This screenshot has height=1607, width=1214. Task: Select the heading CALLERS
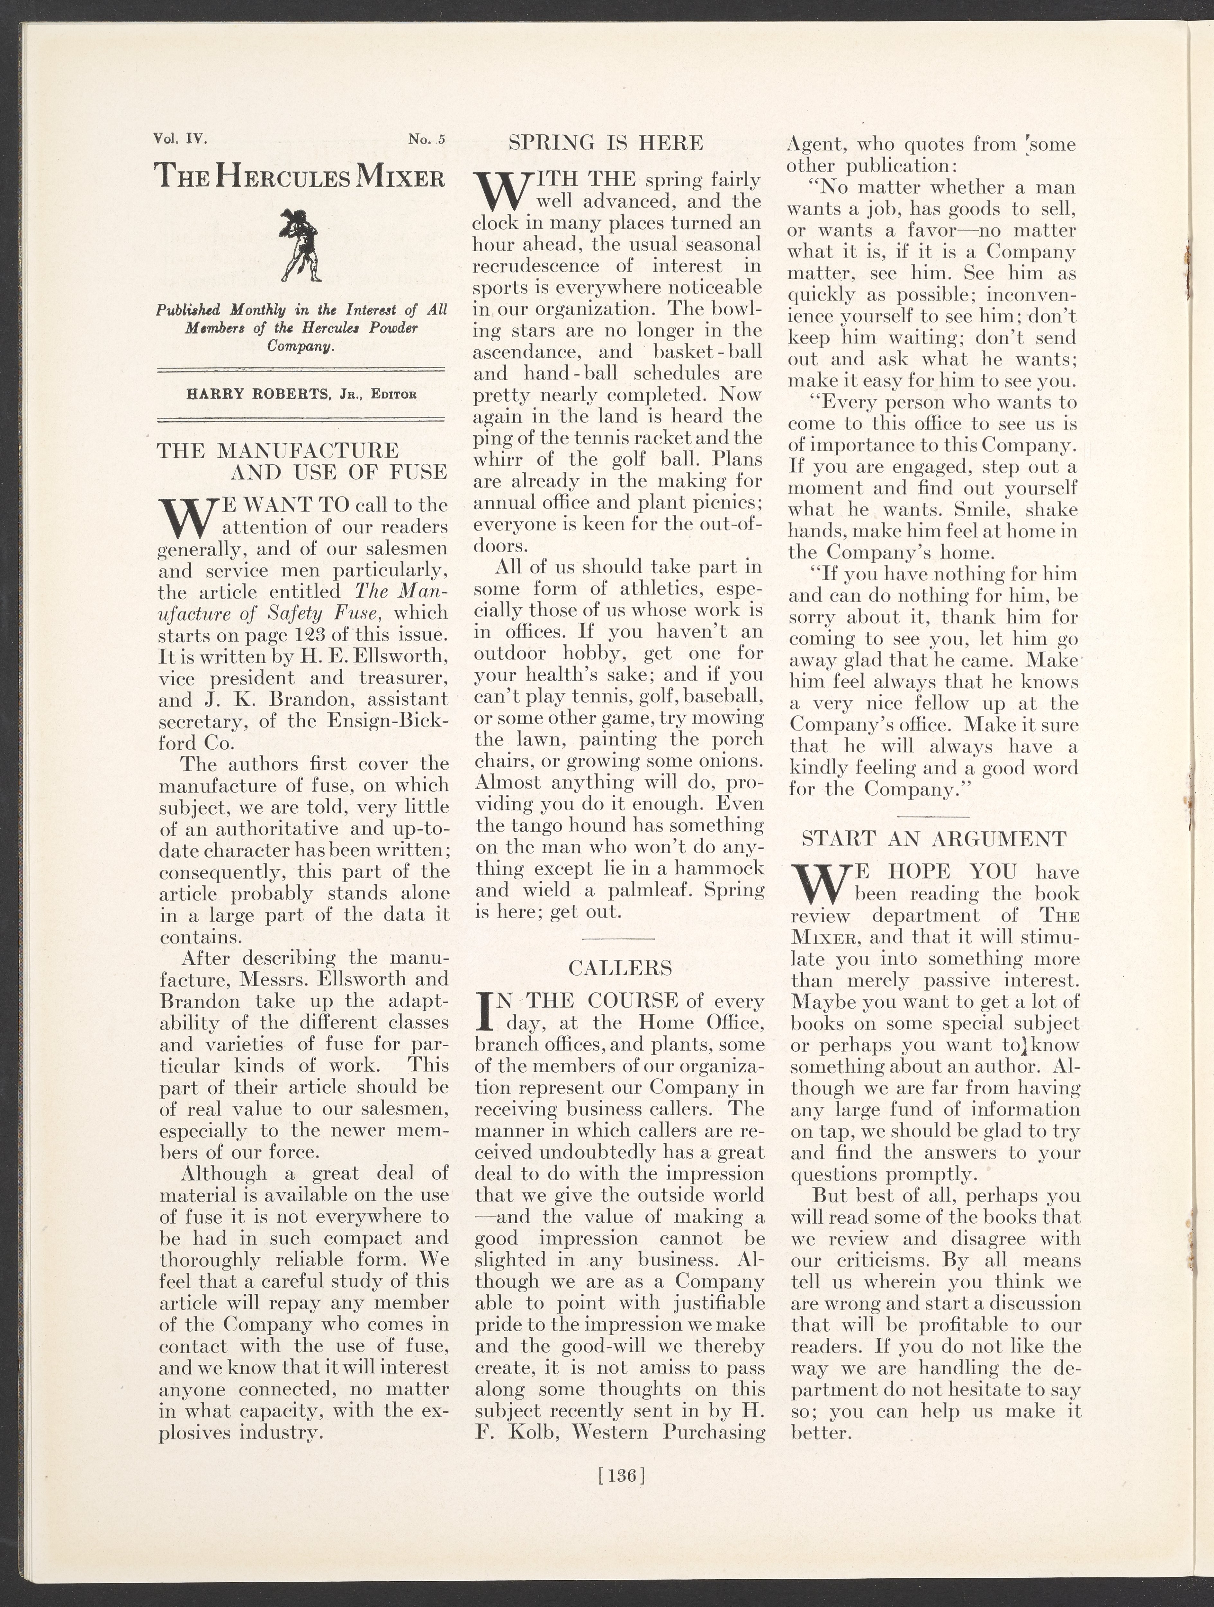(620, 968)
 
